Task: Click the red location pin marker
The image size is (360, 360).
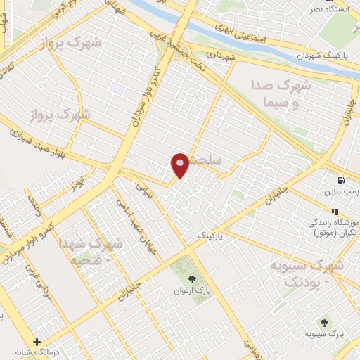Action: pyautogui.click(x=180, y=164)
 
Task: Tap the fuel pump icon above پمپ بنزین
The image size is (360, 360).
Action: pyautogui.click(x=340, y=181)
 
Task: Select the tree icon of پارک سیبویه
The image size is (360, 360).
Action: pyautogui.click(x=324, y=323)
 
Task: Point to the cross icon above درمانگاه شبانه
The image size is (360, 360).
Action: pyautogui.click(x=37, y=342)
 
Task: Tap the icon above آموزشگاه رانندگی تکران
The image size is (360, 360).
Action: pyautogui.click(x=335, y=210)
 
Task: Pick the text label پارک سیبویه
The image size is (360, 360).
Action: pyautogui.click(x=325, y=335)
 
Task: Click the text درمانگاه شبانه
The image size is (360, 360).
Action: pyautogui.click(x=38, y=353)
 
